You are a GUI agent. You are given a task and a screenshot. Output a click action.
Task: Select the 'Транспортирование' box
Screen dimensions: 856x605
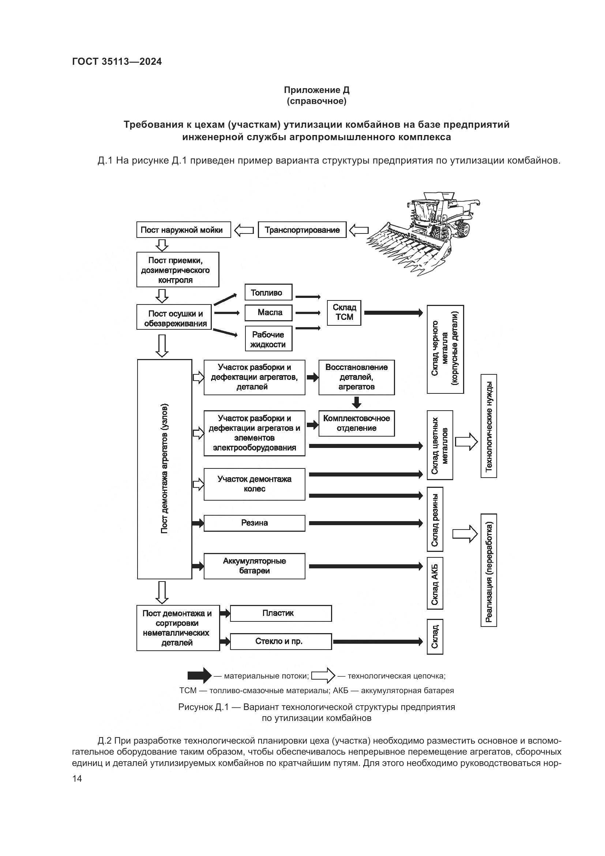pos(302,230)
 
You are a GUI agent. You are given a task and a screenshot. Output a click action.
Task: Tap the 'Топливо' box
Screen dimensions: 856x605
pos(268,292)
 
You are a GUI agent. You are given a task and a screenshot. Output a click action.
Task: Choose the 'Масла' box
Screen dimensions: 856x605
pos(268,313)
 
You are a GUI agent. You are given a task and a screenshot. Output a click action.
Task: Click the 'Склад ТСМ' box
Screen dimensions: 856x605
pos(344,313)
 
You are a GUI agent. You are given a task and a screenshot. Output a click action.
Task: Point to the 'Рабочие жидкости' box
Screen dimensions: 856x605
pos(268,339)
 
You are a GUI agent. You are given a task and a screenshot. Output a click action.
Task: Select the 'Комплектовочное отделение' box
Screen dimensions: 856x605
pos(357,423)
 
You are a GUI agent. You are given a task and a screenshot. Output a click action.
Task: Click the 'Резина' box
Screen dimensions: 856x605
pos(255,523)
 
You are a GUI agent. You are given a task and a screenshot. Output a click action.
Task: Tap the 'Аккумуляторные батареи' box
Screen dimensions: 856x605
pos(255,566)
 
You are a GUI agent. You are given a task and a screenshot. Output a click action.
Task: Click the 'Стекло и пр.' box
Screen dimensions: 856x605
pos(281,641)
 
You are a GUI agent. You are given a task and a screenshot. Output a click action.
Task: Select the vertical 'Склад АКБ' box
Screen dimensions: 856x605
pos(435,583)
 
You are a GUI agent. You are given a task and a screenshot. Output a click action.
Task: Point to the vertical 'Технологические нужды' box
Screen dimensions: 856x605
pos(489,426)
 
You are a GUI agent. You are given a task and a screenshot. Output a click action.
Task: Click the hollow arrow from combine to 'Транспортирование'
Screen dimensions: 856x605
pos(359,230)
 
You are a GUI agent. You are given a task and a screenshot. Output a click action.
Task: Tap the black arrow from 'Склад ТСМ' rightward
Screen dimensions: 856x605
pos(393,313)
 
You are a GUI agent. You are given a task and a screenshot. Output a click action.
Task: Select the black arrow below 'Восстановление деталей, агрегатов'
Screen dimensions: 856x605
pos(357,402)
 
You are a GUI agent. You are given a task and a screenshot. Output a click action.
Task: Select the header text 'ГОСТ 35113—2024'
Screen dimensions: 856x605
pos(117,61)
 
